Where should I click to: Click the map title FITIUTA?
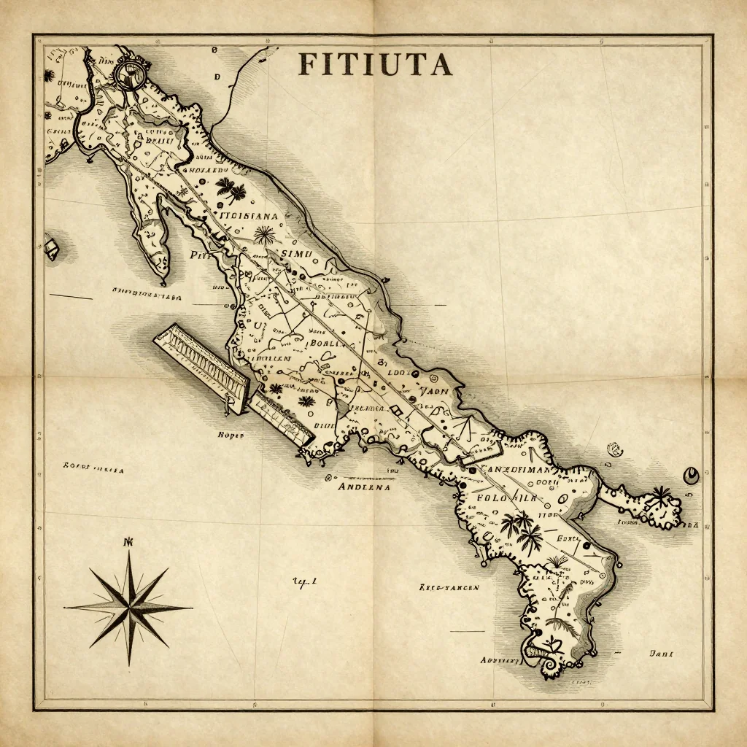(x=375, y=64)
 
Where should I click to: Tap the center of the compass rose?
(x=129, y=605)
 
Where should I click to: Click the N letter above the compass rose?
(x=130, y=542)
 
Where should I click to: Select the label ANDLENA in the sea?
(x=363, y=486)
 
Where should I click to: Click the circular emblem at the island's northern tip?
(x=131, y=74)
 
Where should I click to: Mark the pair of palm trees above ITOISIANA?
(x=232, y=190)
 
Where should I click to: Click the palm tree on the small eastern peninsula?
(x=661, y=498)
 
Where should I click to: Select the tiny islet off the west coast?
(x=51, y=247)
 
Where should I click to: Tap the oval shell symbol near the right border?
(x=689, y=476)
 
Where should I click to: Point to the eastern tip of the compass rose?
(x=191, y=605)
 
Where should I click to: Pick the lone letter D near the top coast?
(x=217, y=76)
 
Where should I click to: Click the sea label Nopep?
(x=231, y=434)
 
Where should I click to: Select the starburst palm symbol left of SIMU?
(x=264, y=235)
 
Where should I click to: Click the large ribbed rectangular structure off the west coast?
(x=201, y=362)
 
